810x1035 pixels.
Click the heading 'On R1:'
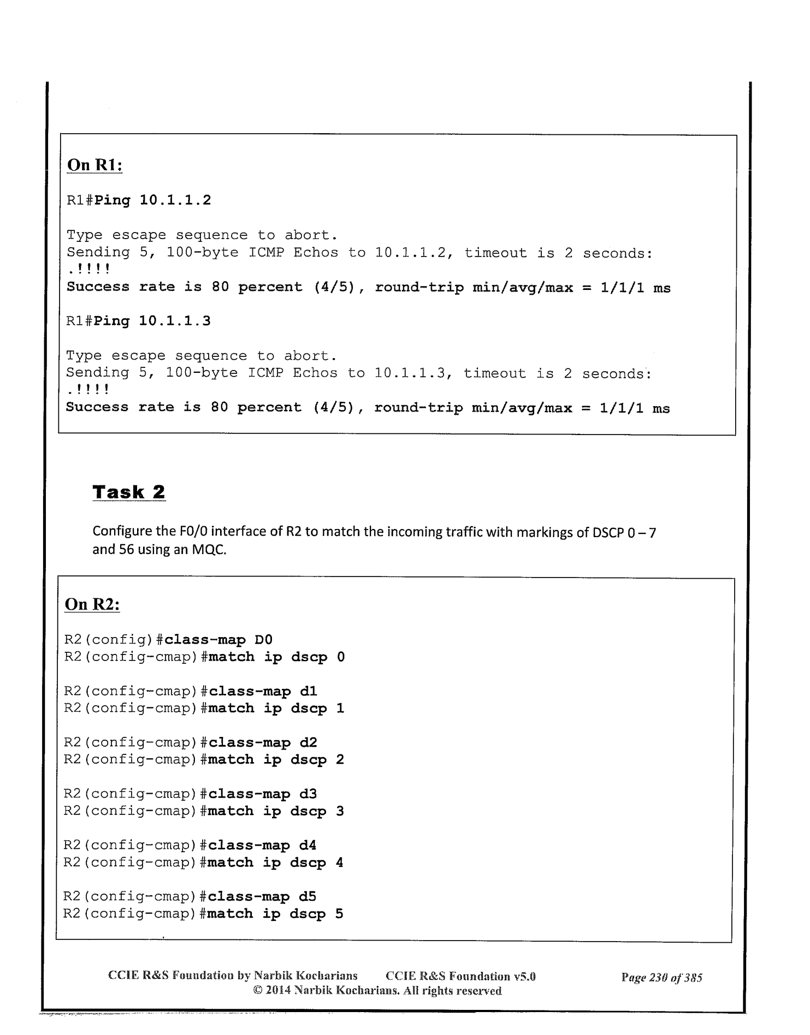[x=94, y=165]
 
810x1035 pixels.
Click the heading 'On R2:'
[x=92, y=604]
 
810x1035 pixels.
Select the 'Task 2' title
[x=129, y=492]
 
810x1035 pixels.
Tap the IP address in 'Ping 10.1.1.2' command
[x=175, y=200]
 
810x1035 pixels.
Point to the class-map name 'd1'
[x=308, y=691]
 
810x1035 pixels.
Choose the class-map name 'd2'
[x=308, y=742]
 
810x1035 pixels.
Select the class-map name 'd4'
[x=308, y=845]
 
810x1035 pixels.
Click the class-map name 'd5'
[x=308, y=896]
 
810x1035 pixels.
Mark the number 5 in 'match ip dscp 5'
[x=339, y=914]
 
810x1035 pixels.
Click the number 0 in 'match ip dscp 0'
[x=341, y=657]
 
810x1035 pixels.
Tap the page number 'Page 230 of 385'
[x=661, y=977]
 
